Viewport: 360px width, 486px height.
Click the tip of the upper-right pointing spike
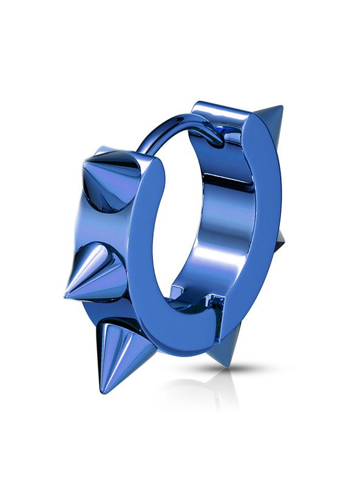282,106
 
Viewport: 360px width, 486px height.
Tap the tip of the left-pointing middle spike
65,296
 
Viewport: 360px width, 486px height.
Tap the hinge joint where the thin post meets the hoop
212,137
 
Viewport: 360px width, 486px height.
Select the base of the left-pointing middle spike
103,267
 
